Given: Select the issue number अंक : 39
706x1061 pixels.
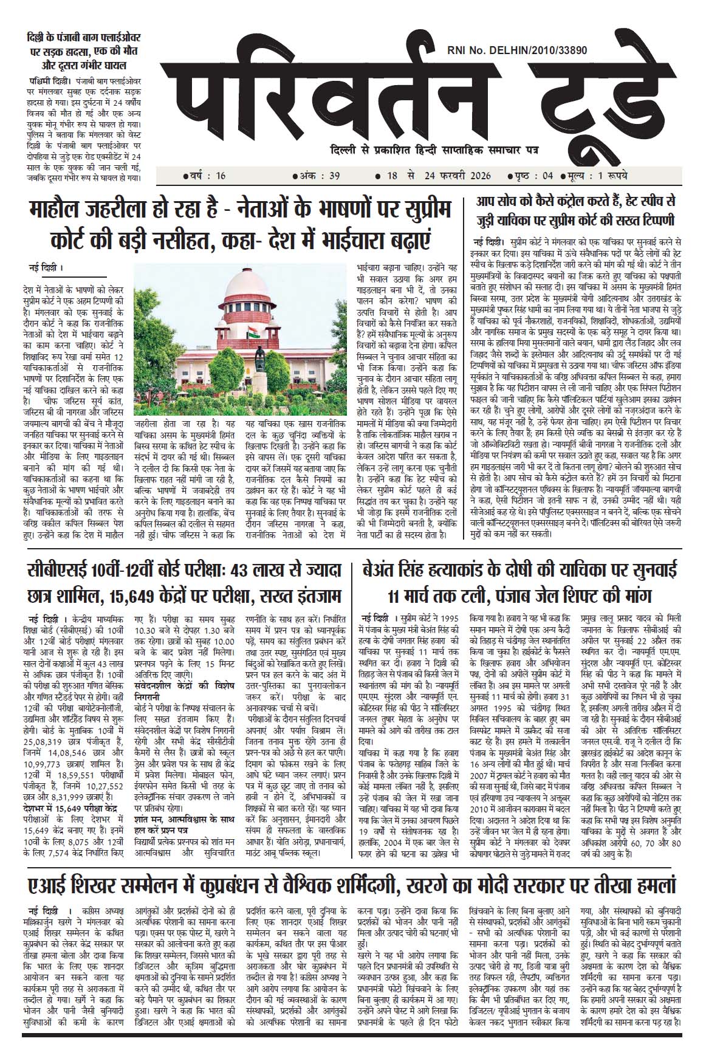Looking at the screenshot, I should click(317, 176).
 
